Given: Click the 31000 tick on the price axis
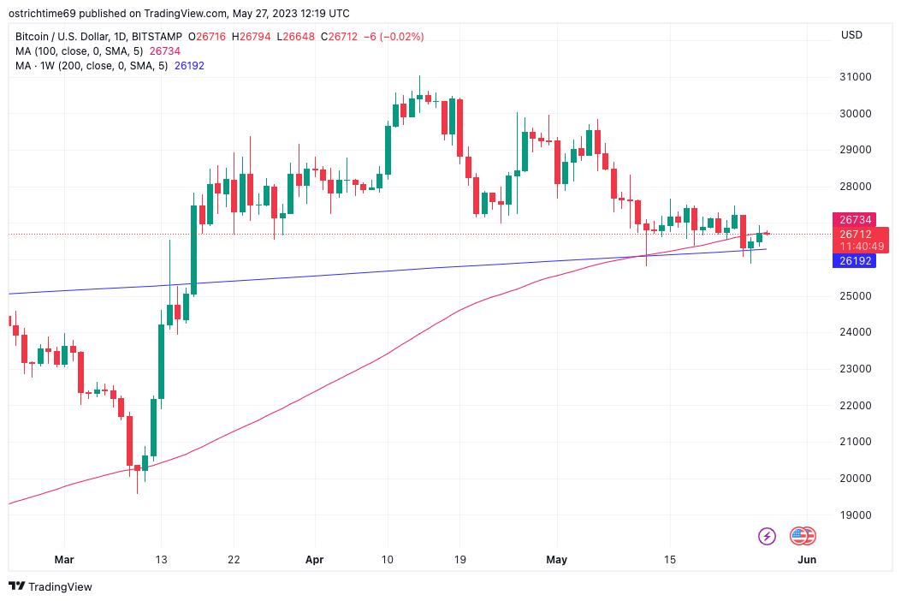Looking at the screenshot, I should [x=855, y=77].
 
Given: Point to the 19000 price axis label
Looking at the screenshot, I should [x=855, y=515].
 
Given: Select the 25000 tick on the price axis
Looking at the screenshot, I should [x=855, y=296].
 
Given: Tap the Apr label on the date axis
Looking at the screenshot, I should [x=315, y=560].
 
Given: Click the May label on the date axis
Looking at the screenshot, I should [x=557, y=560].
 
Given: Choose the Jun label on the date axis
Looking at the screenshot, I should [x=806, y=560].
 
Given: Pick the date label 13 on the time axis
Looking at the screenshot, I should [x=161, y=560].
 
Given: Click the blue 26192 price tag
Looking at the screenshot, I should [x=853, y=260].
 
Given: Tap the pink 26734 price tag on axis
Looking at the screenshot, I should [x=855, y=220].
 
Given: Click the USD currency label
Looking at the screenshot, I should [x=851, y=35].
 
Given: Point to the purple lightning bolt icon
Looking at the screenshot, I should [x=768, y=537].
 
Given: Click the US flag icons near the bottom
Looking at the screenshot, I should [x=803, y=537].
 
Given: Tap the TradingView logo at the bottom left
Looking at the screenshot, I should [x=50, y=586].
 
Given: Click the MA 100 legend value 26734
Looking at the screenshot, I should [x=164, y=51].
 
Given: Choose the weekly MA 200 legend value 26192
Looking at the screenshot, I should [x=189, y=66].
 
